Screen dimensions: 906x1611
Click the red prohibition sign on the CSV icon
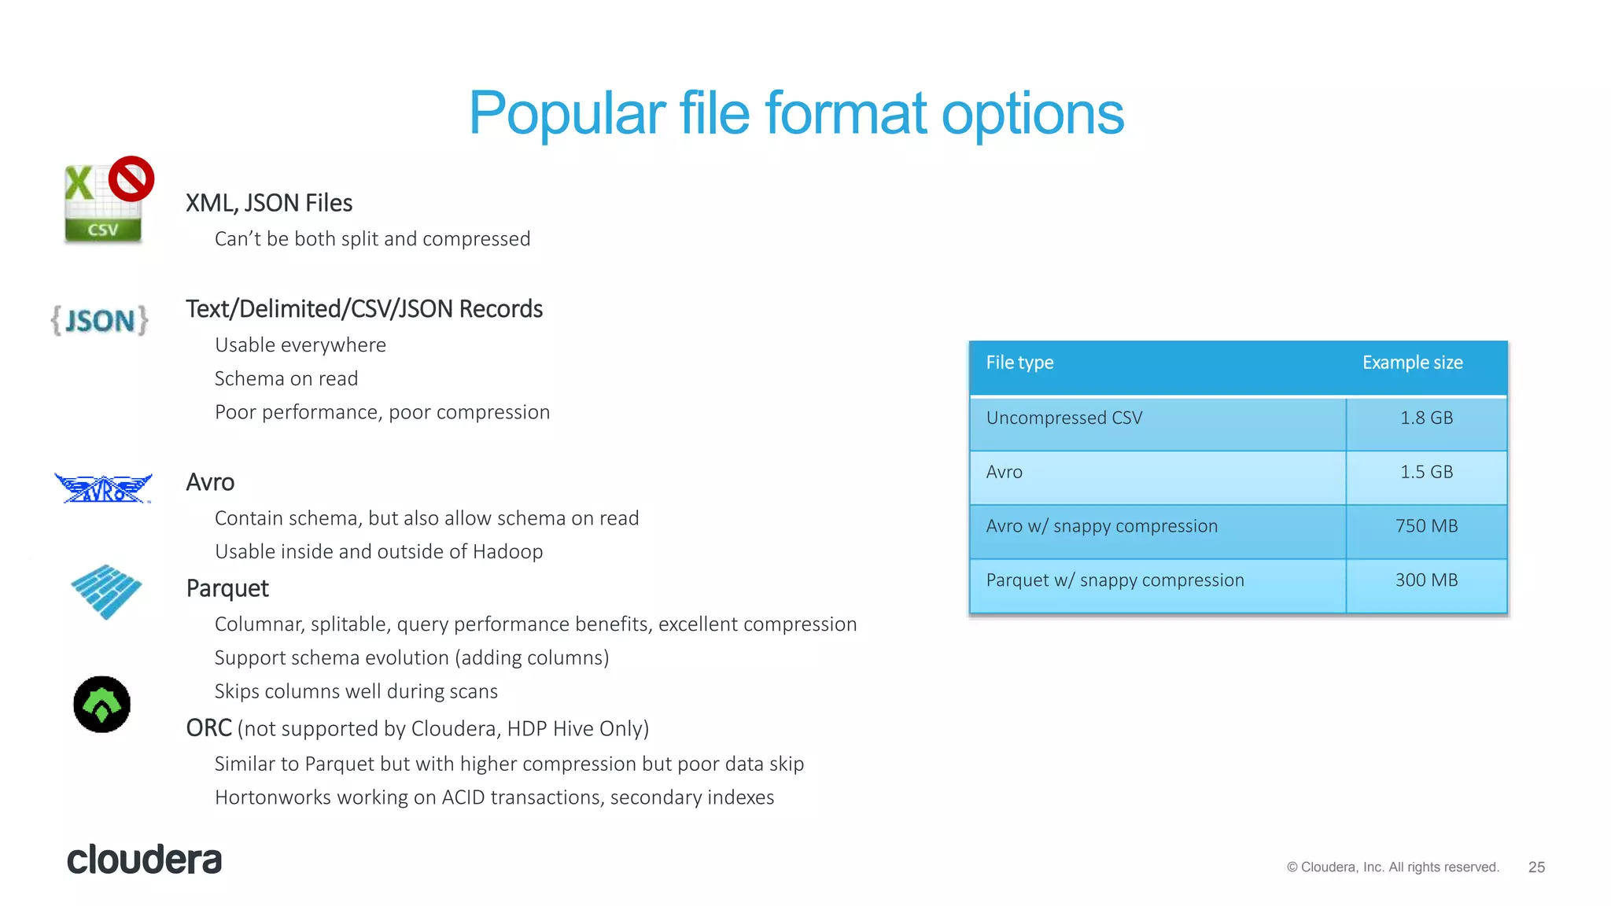click(131, 179)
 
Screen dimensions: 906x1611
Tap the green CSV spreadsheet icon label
click(102, 230)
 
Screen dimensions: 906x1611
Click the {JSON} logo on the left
click(100, 321)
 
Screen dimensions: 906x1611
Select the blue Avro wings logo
click(103, 488)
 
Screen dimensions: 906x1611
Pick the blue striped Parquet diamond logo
click(106, 591)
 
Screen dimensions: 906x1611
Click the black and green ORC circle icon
click(102, 704)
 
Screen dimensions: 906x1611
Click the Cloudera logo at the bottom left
click(145, 860)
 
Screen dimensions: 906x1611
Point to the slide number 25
click(1536, 867)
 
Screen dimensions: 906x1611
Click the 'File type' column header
click(1019, 363)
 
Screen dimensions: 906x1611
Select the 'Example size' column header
click(1412, 363)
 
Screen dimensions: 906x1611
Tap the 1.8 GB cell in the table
click(1426, 418)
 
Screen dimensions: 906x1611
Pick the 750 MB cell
click(1426, 526)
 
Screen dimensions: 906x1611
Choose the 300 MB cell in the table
click(1426, 580)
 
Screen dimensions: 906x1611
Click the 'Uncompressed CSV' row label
click(1064, 418)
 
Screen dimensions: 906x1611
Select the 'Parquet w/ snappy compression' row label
click(1115, 580)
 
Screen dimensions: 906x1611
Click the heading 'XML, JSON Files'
click(269, 203)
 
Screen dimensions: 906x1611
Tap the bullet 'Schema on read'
click(286, 379)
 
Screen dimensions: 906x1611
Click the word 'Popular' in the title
click(567, 114)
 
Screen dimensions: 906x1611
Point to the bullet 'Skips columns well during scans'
click(356, 691)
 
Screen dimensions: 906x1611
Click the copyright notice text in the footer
click(1392, 867)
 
